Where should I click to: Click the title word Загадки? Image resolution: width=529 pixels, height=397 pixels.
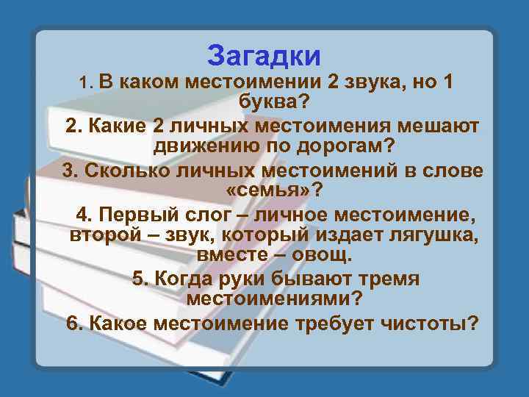[x=264, y=54]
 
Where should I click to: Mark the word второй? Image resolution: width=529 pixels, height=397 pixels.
[x=101, y=236]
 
